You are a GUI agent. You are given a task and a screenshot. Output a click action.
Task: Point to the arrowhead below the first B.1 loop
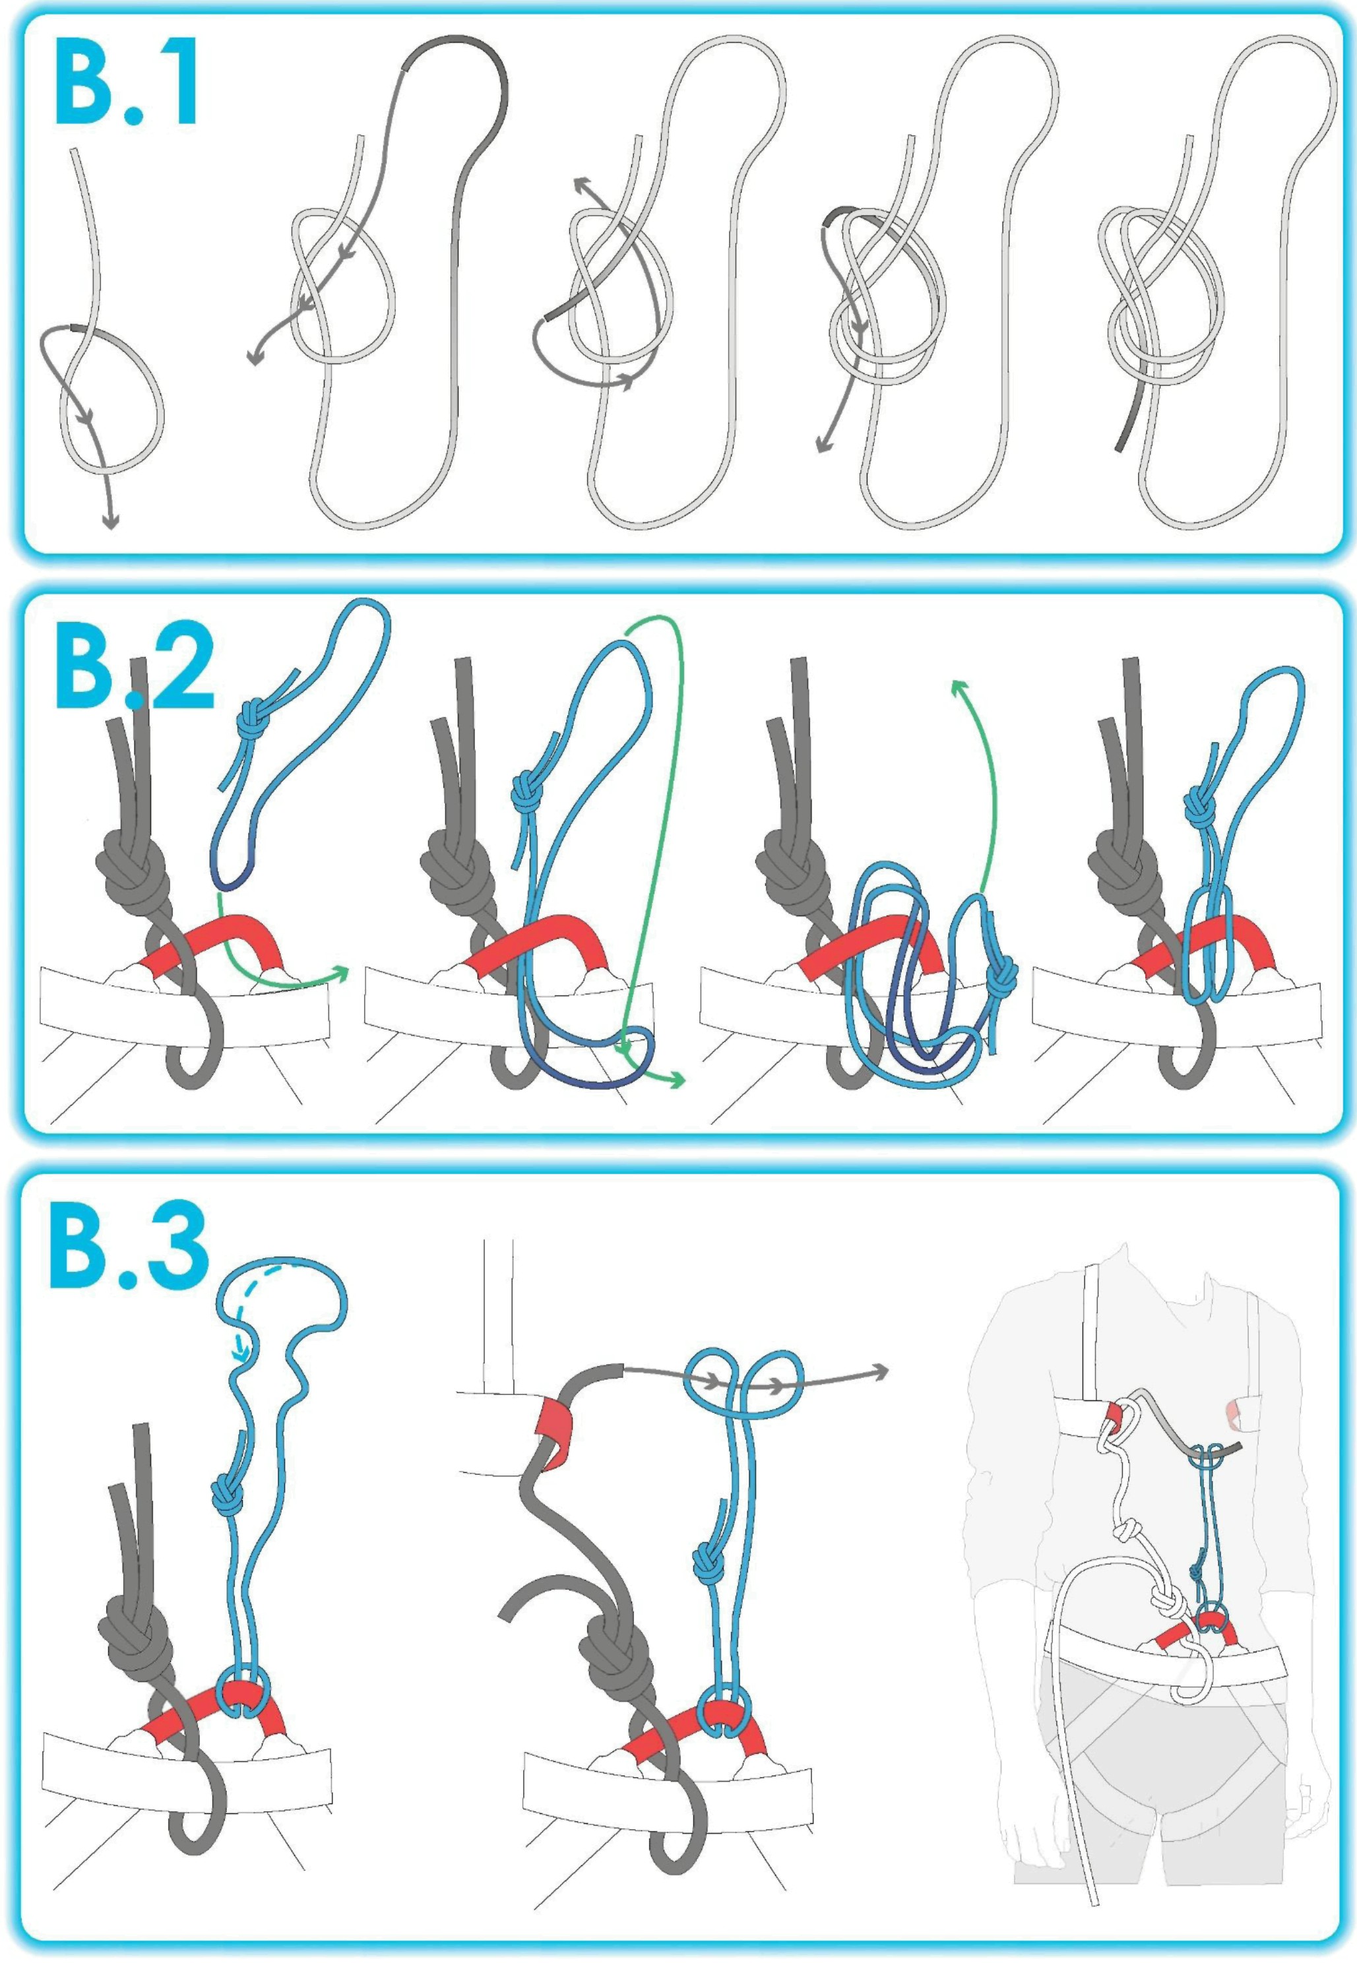110,520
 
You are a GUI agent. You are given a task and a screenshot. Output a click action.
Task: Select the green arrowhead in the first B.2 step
341,972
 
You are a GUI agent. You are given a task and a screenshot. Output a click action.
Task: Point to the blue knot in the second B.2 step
526,792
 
